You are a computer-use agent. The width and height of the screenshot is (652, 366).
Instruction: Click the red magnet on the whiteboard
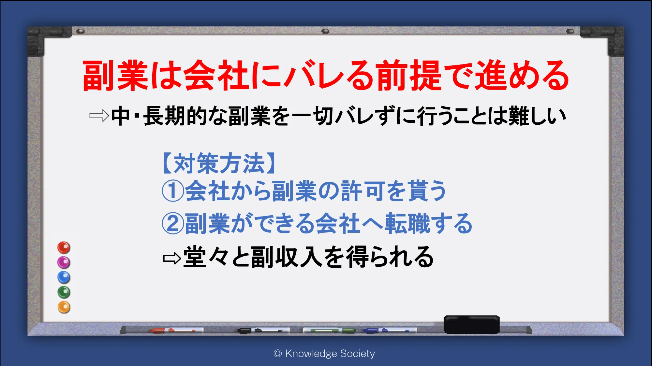(64, 247)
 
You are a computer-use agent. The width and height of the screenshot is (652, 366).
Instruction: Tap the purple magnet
(64, 262)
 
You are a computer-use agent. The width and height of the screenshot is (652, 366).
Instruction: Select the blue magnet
(64, 277)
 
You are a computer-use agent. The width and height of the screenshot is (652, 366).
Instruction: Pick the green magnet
(64, 292)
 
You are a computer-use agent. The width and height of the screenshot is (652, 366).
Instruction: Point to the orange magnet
(64, 307)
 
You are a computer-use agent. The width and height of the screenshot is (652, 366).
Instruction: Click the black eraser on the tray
(471, 324)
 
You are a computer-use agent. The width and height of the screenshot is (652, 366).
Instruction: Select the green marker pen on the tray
(329, 331)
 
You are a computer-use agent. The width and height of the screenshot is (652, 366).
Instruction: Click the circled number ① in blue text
(173, 191)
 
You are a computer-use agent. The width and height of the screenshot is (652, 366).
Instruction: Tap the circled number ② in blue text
(173, 223)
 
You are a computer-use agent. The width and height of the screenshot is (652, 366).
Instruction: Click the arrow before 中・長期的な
(99, 116)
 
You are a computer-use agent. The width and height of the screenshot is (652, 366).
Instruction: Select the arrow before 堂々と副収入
(172, 259)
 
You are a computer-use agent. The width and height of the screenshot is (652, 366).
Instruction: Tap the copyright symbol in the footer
(278, 354)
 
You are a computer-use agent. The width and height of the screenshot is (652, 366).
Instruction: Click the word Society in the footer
(357, 354)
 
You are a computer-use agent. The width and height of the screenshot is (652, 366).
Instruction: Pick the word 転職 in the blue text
(408, 223)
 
